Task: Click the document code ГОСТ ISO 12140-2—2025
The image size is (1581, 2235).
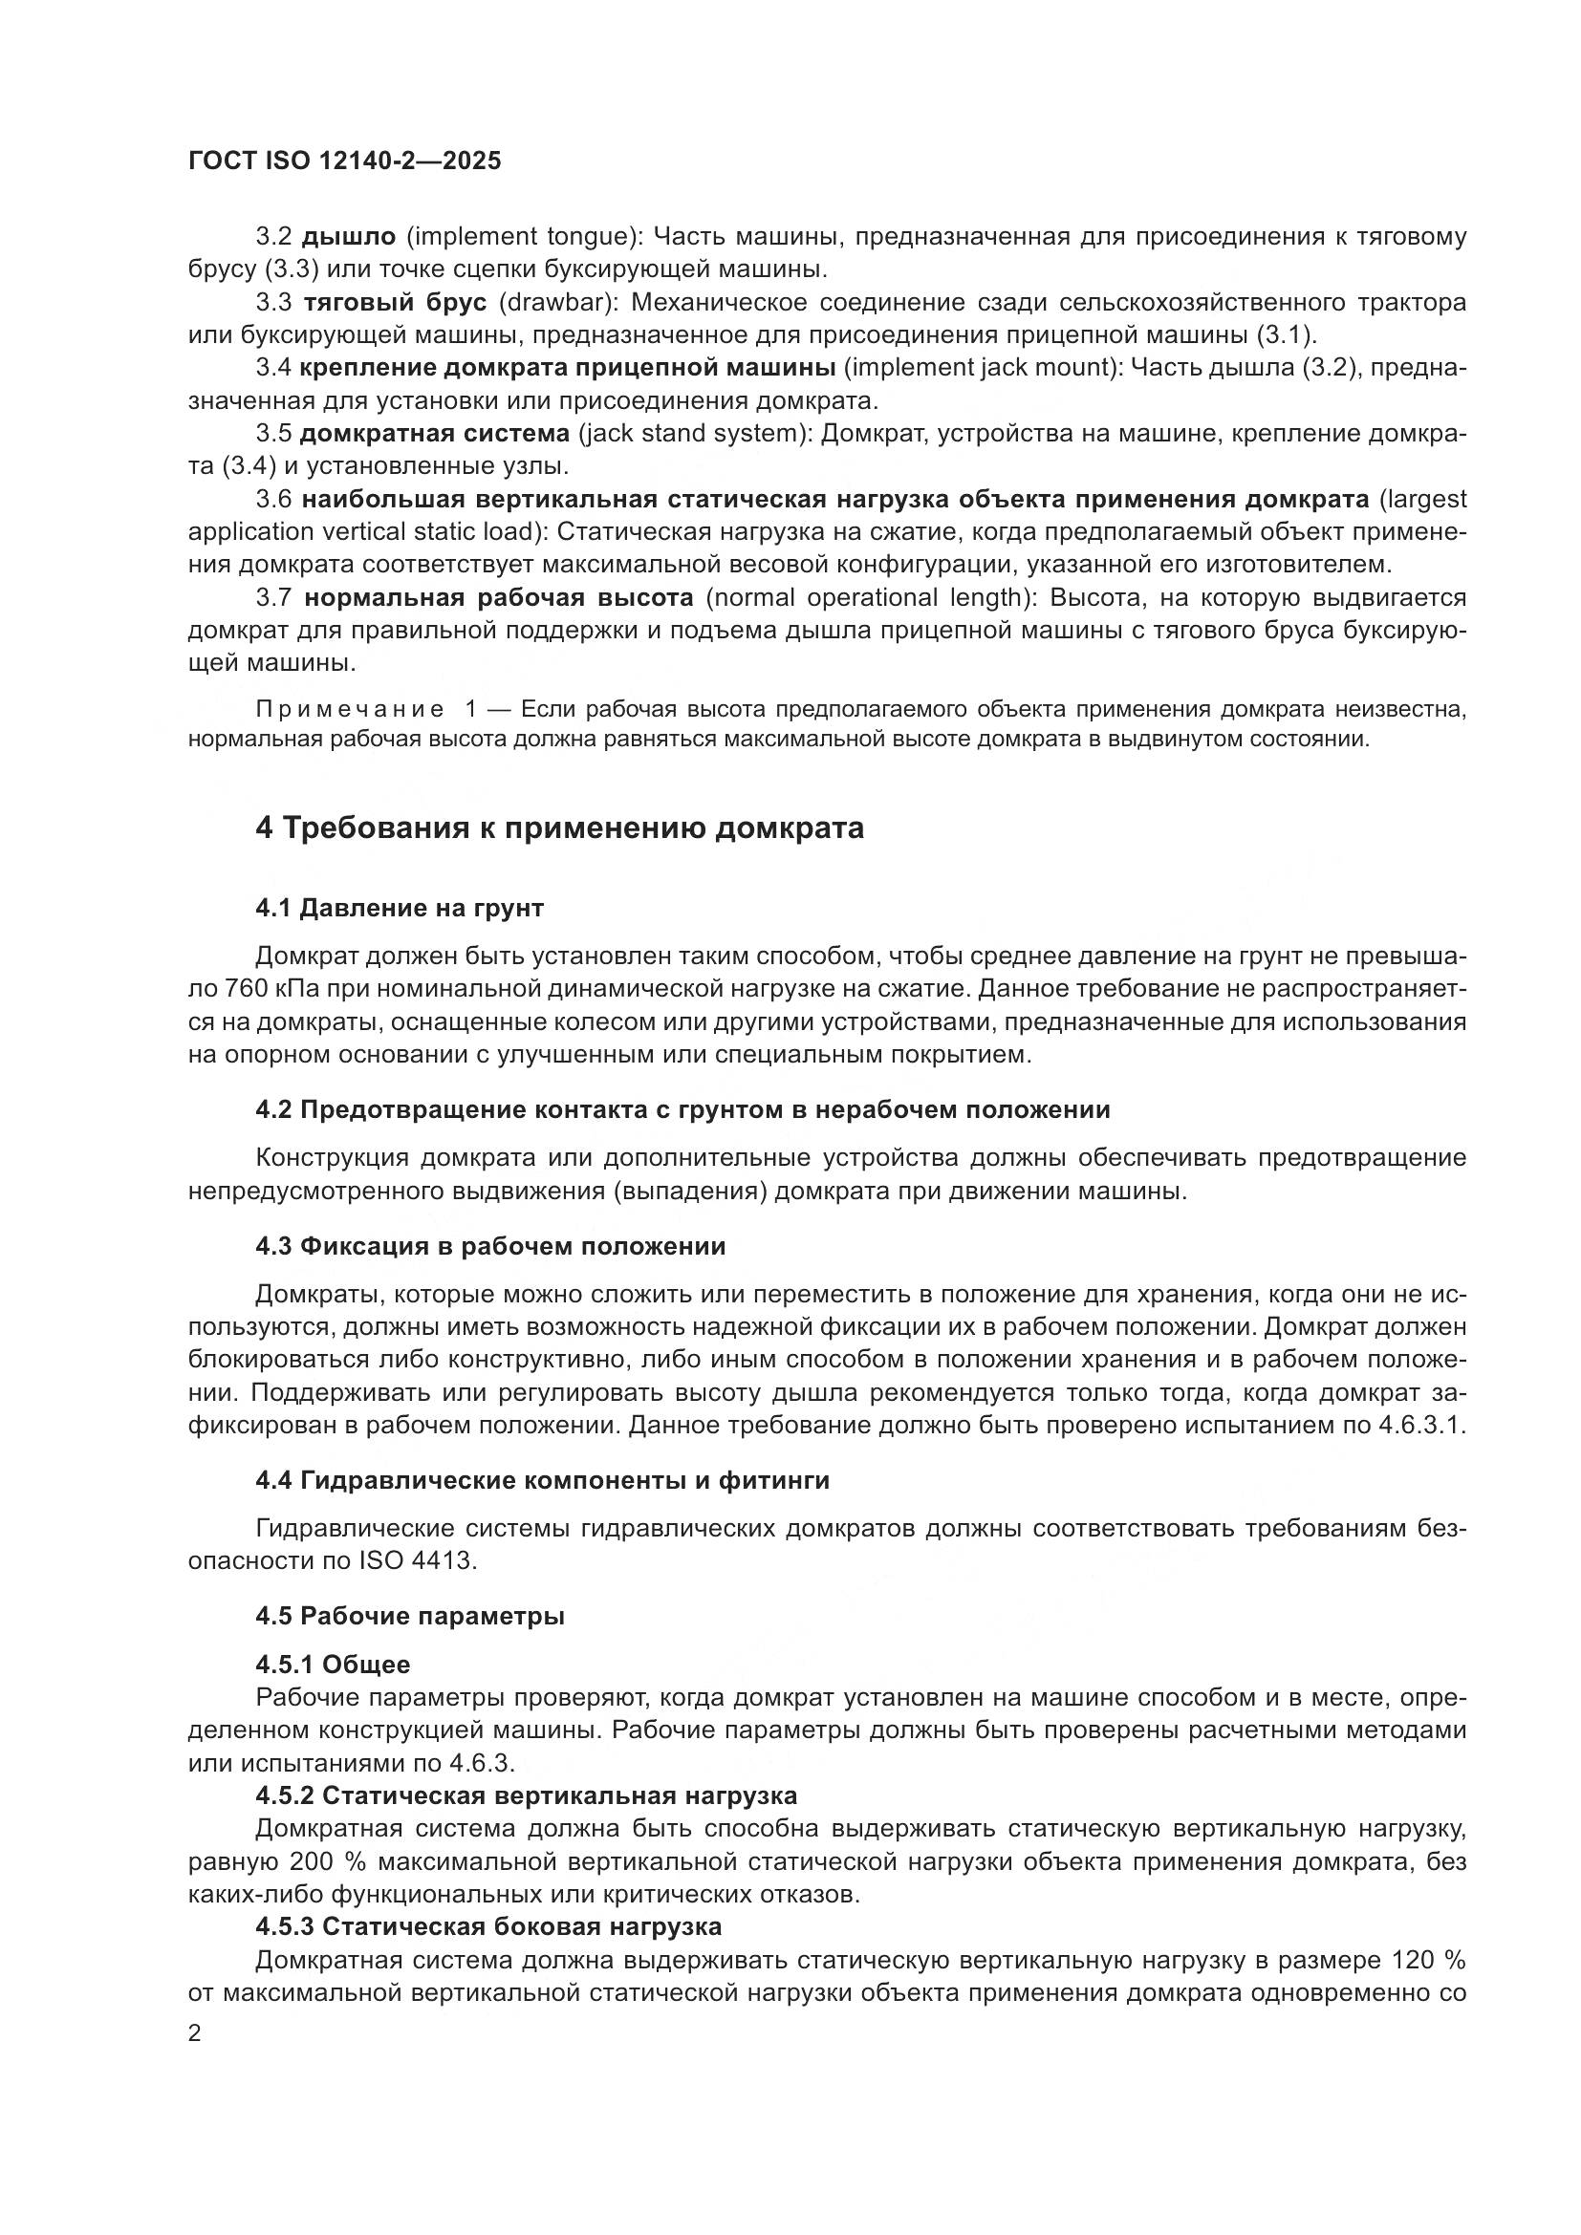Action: pyautogui.click(x=345, y=161)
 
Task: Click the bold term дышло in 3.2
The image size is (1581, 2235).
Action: pyautogui.click(x=349, y=237)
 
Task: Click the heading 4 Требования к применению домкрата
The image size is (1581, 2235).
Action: pyautogui.click(x=560, y=828)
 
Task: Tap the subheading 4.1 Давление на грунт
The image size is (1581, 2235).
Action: pyautogui.click(x=400, y=908)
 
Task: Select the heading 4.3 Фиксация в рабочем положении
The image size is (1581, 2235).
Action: pyautogui.click(x=490, y=1247)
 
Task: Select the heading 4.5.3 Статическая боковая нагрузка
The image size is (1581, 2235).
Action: pyautogui.click(x=488, y=1926)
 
